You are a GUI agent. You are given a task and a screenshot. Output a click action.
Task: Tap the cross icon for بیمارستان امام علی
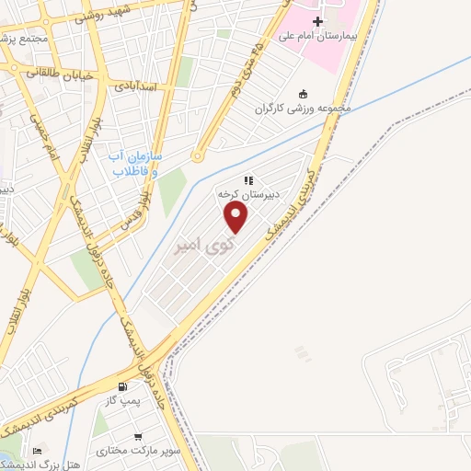click(318, 21)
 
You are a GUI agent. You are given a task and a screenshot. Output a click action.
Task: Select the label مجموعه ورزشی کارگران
click(304, 108)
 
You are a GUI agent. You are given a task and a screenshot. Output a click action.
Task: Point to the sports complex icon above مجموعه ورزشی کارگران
click(304, 93)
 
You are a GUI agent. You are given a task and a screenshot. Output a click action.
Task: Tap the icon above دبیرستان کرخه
click(247, 180)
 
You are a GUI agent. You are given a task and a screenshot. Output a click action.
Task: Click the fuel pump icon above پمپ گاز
click(123, 387)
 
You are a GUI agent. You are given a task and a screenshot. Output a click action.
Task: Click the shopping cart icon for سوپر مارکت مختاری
click(137, 437)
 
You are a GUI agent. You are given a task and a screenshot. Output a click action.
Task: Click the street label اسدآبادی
click(138, 86)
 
